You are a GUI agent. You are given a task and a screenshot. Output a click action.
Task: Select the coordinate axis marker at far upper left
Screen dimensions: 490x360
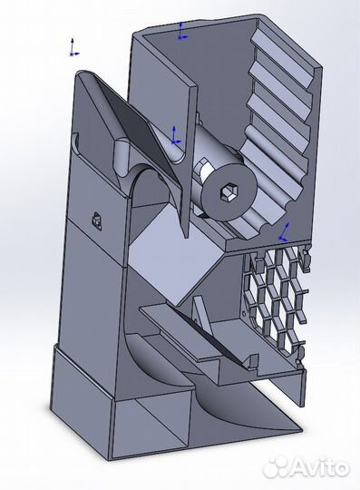[72, 46]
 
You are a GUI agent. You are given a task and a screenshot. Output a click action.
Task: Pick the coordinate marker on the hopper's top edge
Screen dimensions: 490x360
[182, 32]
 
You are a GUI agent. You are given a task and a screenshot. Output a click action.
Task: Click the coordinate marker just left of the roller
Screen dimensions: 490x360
[175, 137]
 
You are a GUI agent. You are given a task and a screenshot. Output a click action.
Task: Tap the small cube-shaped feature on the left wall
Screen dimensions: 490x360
[96, 218]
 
